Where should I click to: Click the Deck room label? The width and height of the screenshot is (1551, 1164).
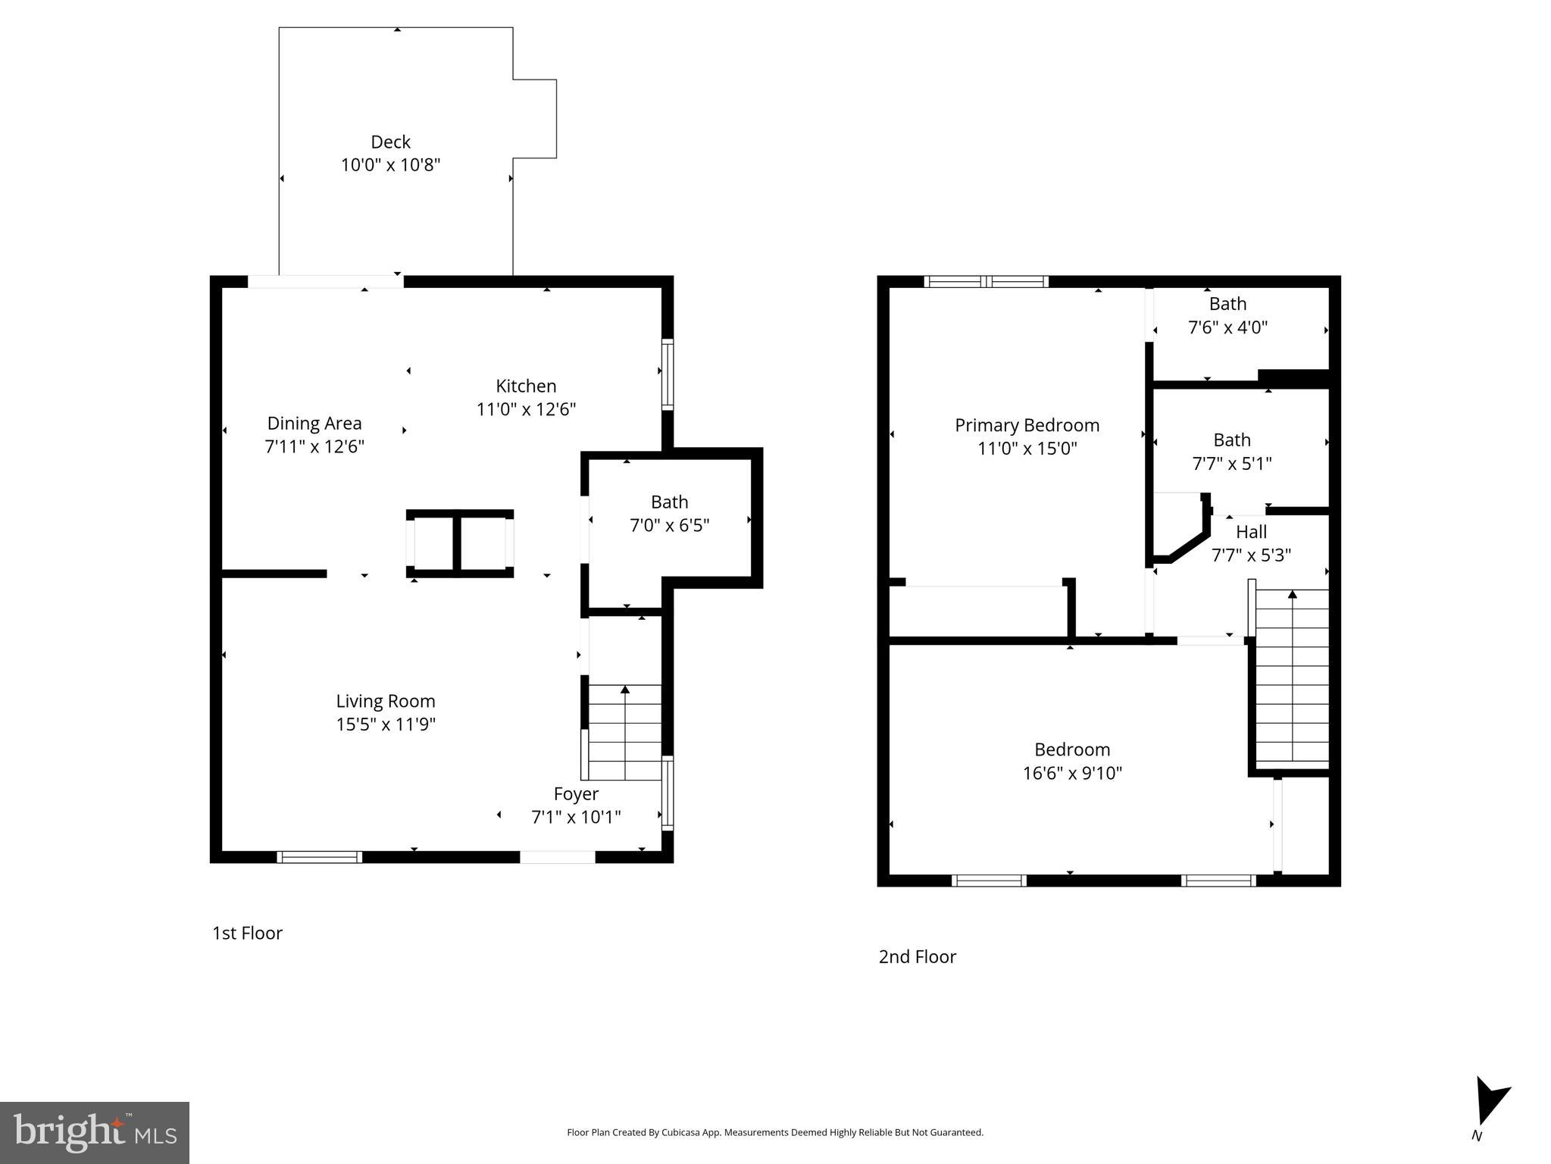390,142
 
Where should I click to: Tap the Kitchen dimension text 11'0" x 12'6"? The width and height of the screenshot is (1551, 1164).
526,409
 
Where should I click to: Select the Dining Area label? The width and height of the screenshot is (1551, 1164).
314,423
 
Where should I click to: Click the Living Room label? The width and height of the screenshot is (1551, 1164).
386,701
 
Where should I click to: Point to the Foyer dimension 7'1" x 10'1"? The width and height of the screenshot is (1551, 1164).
576,817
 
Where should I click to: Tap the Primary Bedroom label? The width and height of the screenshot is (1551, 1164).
1027,425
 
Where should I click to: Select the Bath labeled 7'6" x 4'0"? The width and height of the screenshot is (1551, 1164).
1227,315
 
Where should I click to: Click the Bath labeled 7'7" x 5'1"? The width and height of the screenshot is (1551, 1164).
1231,451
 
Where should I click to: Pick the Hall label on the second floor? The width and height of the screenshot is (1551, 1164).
1251,532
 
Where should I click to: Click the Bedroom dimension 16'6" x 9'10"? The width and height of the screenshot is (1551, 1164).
1072,773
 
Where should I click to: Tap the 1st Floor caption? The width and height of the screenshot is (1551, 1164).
247,933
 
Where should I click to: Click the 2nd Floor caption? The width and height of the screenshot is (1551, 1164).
917,956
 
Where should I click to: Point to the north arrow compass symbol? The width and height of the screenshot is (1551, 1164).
1490,1103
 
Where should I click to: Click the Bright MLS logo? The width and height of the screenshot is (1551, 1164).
95,1132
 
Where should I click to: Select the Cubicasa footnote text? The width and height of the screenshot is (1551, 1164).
774,1132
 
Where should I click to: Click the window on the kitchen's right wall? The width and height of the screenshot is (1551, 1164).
668,375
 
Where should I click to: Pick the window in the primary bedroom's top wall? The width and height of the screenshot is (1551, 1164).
987,282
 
